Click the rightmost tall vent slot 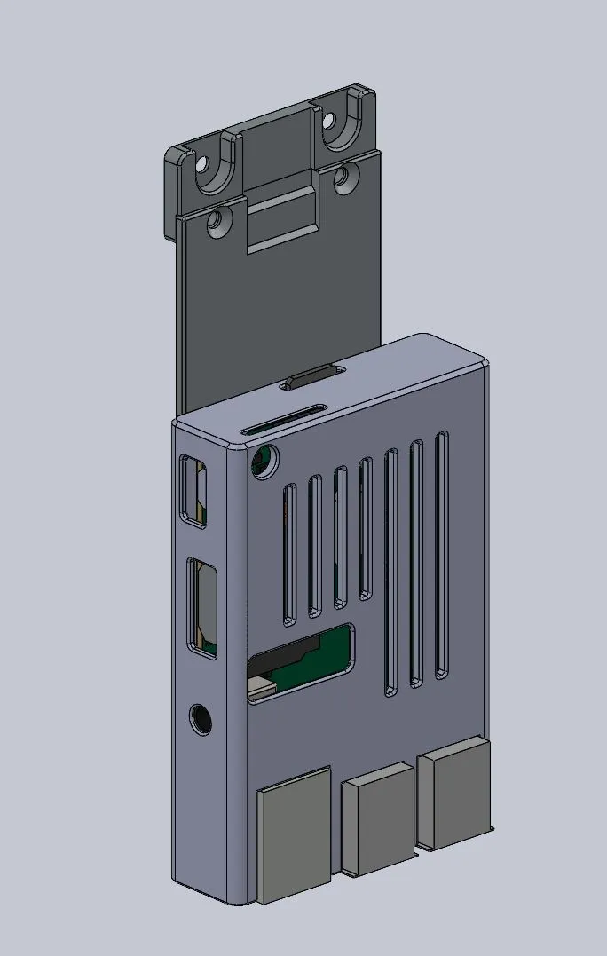(442, 555)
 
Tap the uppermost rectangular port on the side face (193, 491)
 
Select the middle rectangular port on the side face (202, 607)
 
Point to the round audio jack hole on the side (201, 719)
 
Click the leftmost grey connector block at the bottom (293, 834)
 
